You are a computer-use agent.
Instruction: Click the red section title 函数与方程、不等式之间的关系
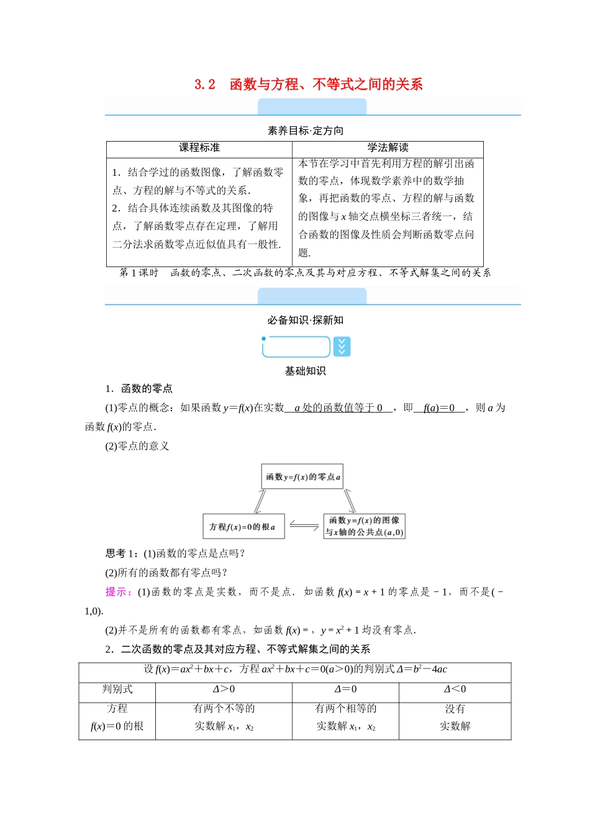click(326, 84)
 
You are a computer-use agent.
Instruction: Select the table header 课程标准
click(199, 148)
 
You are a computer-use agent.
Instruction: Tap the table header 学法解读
click(388, 148)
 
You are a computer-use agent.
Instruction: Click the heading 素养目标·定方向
click(305, 130)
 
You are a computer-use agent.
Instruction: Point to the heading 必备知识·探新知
click(305, 320)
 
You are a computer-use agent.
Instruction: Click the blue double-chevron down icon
click(342, 347)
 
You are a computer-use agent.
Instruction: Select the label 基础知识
click(305, 371)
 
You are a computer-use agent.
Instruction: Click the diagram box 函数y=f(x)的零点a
click(302, 477)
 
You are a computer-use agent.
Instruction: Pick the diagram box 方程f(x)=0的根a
click(242, 527)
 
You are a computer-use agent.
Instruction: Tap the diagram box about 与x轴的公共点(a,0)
click(365, 526)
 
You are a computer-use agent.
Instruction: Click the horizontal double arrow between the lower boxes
click(304, 526)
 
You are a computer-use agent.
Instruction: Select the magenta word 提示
click(117, 592)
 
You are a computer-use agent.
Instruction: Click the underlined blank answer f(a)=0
click(439, 408)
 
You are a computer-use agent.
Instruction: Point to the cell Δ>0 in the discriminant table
click(224, 689)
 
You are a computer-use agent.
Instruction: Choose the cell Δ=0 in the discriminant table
click(345, 689)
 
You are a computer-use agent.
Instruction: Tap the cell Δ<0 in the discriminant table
click(455, 689)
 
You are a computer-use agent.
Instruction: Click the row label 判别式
click(117, 689)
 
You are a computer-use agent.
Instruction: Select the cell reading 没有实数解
click(455, 718)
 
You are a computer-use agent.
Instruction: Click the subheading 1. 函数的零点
click(139, 389)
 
